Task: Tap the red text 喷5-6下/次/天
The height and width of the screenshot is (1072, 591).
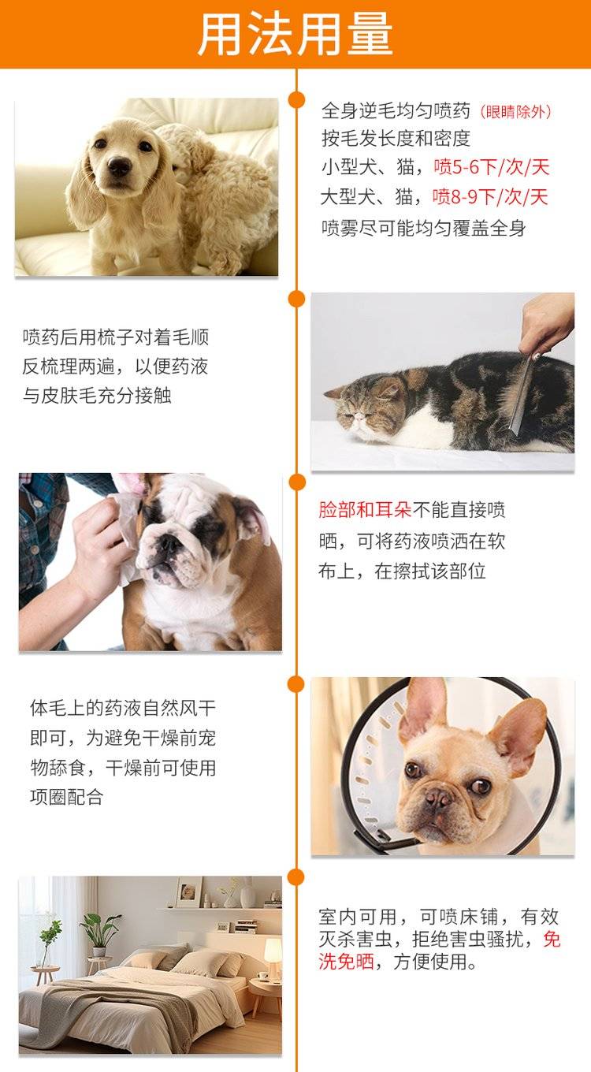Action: click(x=491, y=167)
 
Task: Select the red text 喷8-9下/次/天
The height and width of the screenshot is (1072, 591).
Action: click(x=490, y=197)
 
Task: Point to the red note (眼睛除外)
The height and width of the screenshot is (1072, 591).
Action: click(x=515, y=112)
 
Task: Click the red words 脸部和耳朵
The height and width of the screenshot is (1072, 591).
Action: click(x=365, y=510)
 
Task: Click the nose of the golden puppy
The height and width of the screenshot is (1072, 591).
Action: click(x=119, y=166)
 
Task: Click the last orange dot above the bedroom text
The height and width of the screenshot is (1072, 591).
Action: click(x=297, y=877)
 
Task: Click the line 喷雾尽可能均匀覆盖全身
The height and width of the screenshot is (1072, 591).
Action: click(x=423, y=228)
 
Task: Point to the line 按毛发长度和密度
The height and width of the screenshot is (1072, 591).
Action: click(x=396, y=138)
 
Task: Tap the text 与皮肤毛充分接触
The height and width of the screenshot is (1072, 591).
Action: click(x=97, y=396)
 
